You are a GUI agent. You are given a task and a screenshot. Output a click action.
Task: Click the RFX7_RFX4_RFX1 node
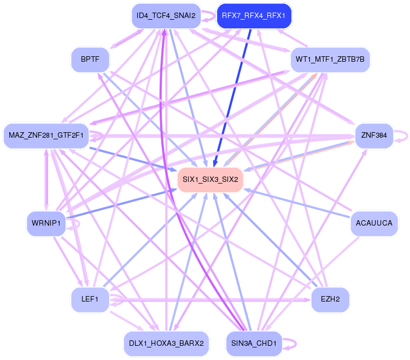pos(254,16)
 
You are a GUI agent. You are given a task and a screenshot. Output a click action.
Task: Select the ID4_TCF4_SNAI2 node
pos(166,16)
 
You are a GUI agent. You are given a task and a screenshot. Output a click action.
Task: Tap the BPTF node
pos(90,59)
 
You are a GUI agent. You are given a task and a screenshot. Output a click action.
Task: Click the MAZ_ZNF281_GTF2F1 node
pos(46,135)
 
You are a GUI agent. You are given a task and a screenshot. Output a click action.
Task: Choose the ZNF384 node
pos(374,135)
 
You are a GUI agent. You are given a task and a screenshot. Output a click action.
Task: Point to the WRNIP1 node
pos(46,223)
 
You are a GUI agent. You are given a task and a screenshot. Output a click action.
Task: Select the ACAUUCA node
pos(374,223)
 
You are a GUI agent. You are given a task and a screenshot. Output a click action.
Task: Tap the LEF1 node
pos(90,300)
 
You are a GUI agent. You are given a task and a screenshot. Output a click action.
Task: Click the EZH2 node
pos(330,300)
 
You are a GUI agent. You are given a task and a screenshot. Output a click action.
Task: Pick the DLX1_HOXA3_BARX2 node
pos(166,344)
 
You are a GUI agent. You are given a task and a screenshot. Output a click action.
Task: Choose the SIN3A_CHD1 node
pos(254,344)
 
